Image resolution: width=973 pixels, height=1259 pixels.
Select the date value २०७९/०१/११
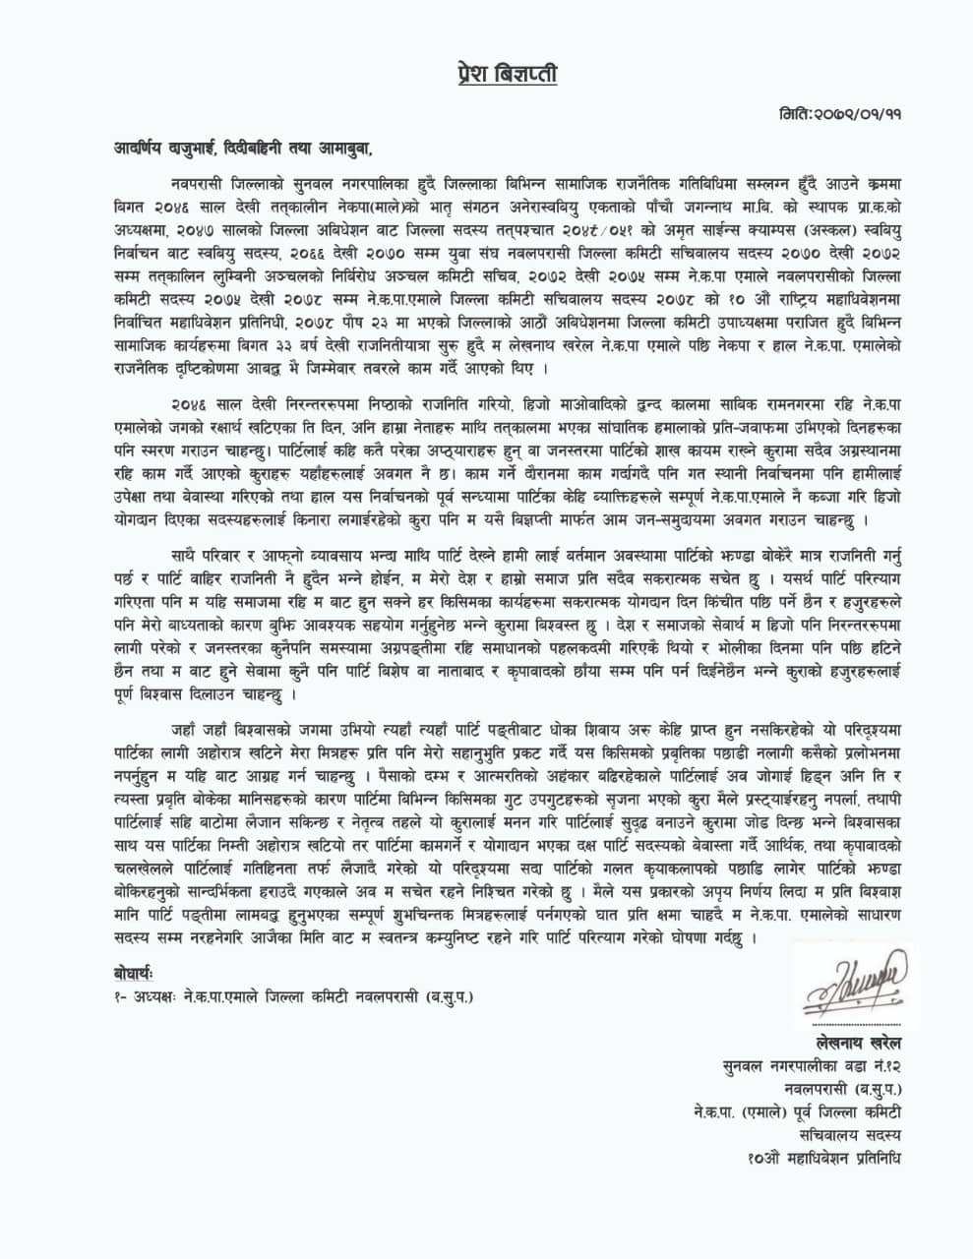[x=858, y=114]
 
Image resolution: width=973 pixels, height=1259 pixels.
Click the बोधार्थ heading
[x=134, y=975]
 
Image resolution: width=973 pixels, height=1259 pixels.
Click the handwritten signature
[x=850, y=987]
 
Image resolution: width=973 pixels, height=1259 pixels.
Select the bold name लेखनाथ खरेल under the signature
[x=850, y=1043]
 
